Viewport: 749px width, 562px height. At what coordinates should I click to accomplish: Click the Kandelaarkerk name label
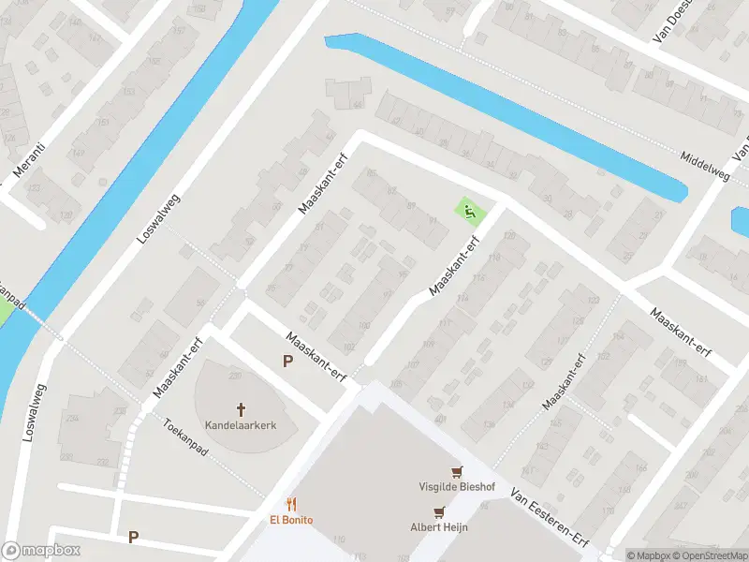242,425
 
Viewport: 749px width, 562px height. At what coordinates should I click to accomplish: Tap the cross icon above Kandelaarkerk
242,408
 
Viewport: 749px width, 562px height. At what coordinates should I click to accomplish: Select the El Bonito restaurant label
293,520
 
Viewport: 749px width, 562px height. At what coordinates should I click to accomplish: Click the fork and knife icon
293,504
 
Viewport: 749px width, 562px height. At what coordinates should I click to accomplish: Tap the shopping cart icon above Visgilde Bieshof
457,471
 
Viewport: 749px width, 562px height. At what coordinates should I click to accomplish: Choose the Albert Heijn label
438,526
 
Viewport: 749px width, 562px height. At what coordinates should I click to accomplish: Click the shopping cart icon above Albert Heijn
438,511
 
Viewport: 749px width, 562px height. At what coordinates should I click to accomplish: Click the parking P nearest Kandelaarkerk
288,361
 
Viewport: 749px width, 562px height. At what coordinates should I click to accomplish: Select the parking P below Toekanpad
134,537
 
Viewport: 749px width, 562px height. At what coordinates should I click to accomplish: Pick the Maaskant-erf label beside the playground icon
455,265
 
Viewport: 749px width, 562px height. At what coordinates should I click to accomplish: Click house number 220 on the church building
235,376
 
